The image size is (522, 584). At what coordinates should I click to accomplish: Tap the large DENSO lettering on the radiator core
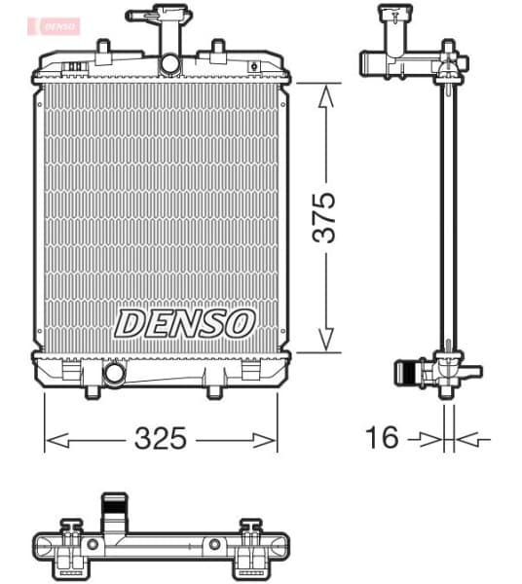point(185,322)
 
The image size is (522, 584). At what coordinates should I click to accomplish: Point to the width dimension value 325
point(160,439)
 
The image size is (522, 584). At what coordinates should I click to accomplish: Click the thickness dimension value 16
point(384,438)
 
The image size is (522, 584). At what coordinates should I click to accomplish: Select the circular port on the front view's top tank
point(169,64)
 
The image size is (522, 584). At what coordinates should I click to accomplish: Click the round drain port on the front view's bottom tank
point(114,372)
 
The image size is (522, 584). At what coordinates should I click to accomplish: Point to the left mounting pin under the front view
point(92,390)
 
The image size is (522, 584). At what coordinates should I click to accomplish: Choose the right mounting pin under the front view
point(215,390)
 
